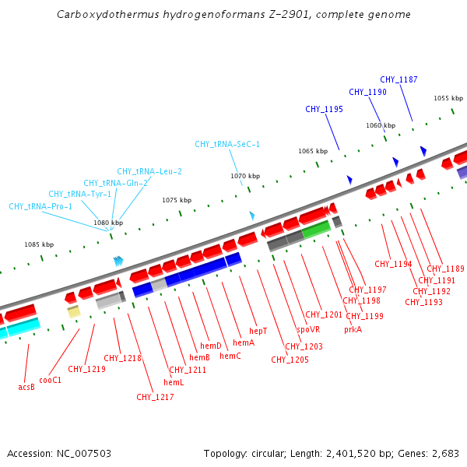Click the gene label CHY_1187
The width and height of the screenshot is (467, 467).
tap(399, 79)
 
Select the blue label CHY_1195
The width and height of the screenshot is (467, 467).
tap(324, 109)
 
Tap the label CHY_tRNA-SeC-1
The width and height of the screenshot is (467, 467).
tap(227, 144)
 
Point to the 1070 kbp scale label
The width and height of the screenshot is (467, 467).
tap(244, 176)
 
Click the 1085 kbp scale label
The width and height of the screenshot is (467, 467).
tap(39, 244)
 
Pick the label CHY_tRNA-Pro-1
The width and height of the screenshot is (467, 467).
tap(40, 206)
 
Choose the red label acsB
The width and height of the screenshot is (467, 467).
tap(26, 386)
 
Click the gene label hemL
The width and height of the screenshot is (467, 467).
tap(174, 382)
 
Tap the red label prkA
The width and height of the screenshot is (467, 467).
tap(353, 329)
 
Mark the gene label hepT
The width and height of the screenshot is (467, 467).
tap(258, 331)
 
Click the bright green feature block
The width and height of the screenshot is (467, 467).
tap(316, 230)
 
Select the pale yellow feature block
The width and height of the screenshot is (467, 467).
tap(74, 312)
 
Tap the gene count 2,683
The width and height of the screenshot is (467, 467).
tap(444, 453)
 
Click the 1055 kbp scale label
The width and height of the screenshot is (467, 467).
tap(448, 98)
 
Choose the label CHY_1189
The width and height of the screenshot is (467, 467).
tap(445, 269)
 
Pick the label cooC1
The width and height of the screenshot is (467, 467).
tap(51, 380)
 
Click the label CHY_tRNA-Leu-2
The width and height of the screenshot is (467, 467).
tap(149, 171)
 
